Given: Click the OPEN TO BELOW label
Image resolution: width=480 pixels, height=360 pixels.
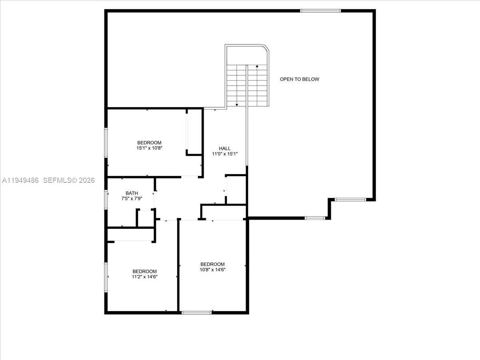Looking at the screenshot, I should tap(299, 79).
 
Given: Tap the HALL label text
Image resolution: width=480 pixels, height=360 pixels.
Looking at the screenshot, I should tap(224, 148).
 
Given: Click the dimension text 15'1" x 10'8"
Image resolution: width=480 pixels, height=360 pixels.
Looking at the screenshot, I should tap(149, 148).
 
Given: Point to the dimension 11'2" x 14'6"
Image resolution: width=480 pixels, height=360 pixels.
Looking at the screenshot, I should tap(145, 276).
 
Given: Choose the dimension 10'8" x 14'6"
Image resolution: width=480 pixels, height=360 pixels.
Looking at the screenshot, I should tap(212, 270).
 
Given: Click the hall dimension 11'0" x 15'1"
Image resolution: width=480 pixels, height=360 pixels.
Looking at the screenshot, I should tap(224, 154).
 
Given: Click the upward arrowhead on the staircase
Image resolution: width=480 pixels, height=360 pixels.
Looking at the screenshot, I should tap(256, 66).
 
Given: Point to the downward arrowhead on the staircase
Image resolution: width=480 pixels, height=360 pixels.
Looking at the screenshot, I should tap(237, 104).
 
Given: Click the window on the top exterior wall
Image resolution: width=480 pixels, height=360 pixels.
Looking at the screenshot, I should tap(320, 11).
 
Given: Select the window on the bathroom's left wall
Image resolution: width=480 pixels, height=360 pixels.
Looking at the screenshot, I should tap(106, 199).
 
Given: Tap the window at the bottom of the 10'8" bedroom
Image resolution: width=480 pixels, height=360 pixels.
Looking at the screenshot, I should tap(196, 312).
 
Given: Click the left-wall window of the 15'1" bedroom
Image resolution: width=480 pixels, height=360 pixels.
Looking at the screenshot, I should tap(106, 142).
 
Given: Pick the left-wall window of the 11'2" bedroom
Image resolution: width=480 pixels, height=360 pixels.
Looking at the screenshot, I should tap(106, 277).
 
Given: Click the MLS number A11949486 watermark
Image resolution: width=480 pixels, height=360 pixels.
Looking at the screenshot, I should tap(20, 180).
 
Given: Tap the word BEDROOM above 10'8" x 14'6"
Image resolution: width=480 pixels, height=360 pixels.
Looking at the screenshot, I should tap(212, 264).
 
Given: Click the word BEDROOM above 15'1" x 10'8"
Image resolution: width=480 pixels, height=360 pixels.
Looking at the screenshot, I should tap(149, 142).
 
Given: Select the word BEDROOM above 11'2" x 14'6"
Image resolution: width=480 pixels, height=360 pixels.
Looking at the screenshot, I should tap(145, 271).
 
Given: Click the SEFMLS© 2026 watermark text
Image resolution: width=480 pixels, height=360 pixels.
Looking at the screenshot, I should tap(69, 180).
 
